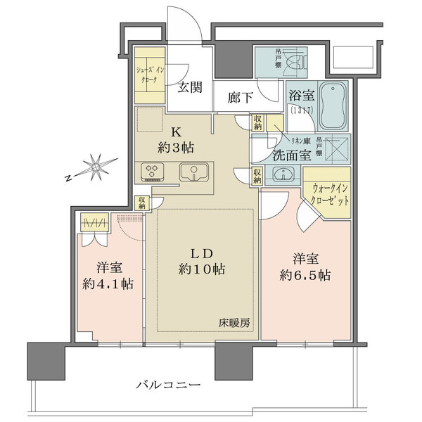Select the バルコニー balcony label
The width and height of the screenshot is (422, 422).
172,385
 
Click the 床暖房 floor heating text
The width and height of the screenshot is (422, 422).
233,324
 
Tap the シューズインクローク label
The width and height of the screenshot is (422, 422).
150,73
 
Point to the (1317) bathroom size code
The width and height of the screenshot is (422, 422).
300,110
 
